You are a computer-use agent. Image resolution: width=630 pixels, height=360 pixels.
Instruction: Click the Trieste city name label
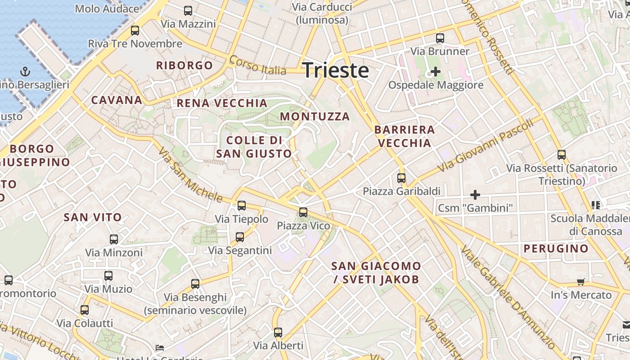point(336,71)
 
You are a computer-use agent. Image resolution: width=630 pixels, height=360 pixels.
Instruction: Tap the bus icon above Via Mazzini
point(188,11)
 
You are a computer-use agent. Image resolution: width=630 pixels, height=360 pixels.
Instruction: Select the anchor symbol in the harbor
point(25,72)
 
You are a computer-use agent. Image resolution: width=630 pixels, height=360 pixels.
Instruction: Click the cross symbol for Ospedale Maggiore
point(435,71)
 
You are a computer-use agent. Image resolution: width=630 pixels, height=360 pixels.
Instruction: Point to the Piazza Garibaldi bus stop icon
point(401,178)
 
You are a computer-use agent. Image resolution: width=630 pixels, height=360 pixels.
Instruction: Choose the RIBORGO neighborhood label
point(184,65)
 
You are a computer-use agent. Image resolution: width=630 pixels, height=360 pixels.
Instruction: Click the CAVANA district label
point(117,100)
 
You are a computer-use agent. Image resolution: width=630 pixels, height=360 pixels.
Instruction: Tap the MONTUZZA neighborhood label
point(315,117)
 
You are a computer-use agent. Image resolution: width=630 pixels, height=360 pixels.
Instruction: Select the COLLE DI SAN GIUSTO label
point(254,147)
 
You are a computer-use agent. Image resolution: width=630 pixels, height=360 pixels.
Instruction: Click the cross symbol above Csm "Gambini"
point(475,195)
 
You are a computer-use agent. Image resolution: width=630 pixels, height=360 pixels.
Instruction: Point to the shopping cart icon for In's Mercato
point(581,282)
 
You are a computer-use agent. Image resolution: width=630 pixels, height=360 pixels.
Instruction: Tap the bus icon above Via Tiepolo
point(242,206)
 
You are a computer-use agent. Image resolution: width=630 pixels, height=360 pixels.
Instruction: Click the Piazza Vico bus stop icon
point(303,212)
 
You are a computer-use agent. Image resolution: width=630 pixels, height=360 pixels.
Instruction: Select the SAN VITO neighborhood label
point(93,217)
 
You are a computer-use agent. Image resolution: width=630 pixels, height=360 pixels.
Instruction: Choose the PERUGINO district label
point(556,248)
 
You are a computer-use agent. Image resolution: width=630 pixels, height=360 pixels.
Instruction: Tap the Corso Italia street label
point(257,66)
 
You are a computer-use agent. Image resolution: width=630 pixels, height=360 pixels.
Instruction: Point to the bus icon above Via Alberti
point(278,333)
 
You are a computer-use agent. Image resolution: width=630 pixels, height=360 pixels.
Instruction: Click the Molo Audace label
point(107,9)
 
